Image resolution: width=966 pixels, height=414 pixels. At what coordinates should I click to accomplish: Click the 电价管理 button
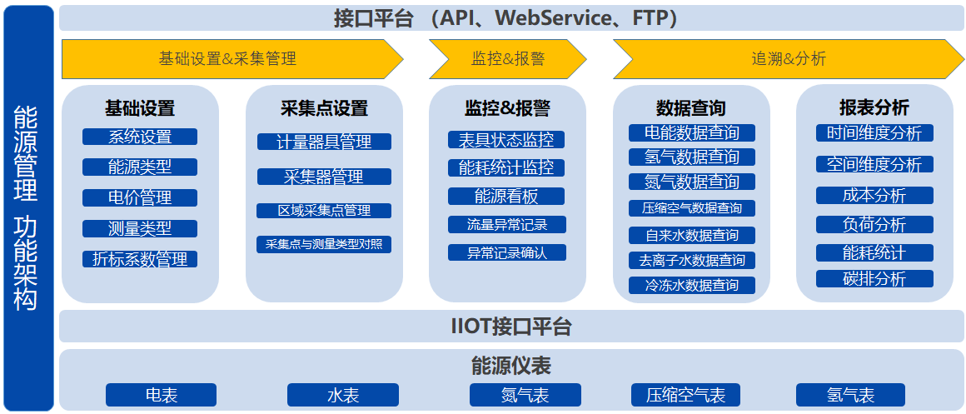click(140, 197)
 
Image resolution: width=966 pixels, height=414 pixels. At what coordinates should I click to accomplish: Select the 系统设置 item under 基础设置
click(140, 137)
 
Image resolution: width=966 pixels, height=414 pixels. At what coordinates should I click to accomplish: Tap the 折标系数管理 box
click(140, 259)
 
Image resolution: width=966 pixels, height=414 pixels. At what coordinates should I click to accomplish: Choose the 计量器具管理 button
click(324, 142)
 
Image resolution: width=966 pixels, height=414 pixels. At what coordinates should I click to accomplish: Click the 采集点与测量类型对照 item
click(324, 245)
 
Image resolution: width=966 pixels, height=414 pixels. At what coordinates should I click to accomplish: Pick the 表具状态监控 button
click(506, 140)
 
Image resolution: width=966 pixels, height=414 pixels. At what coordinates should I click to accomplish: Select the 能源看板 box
click(506, 196)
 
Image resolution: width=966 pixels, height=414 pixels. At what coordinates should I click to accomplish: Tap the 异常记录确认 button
click(506, 252)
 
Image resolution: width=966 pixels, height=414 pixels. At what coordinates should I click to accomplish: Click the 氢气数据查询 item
click(692, 157)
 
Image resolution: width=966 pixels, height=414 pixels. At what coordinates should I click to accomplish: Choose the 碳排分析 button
click(875, 278)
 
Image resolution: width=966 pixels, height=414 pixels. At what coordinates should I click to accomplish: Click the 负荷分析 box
click(875, 224)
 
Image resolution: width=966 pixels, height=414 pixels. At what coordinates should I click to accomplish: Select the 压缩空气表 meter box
click(685, 395)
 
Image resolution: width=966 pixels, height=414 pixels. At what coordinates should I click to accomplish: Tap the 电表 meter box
click(162, 395)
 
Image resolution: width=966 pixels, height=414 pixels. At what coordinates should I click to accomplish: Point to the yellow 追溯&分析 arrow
click(789, 59)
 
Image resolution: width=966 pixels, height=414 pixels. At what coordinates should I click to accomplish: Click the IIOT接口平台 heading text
click(511, 327)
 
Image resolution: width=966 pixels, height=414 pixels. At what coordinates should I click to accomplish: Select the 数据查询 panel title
click(690, 108)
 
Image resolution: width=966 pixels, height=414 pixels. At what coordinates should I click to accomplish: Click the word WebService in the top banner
click(554, 18)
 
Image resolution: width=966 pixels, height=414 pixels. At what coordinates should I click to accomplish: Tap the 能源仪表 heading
click(510, 366)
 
